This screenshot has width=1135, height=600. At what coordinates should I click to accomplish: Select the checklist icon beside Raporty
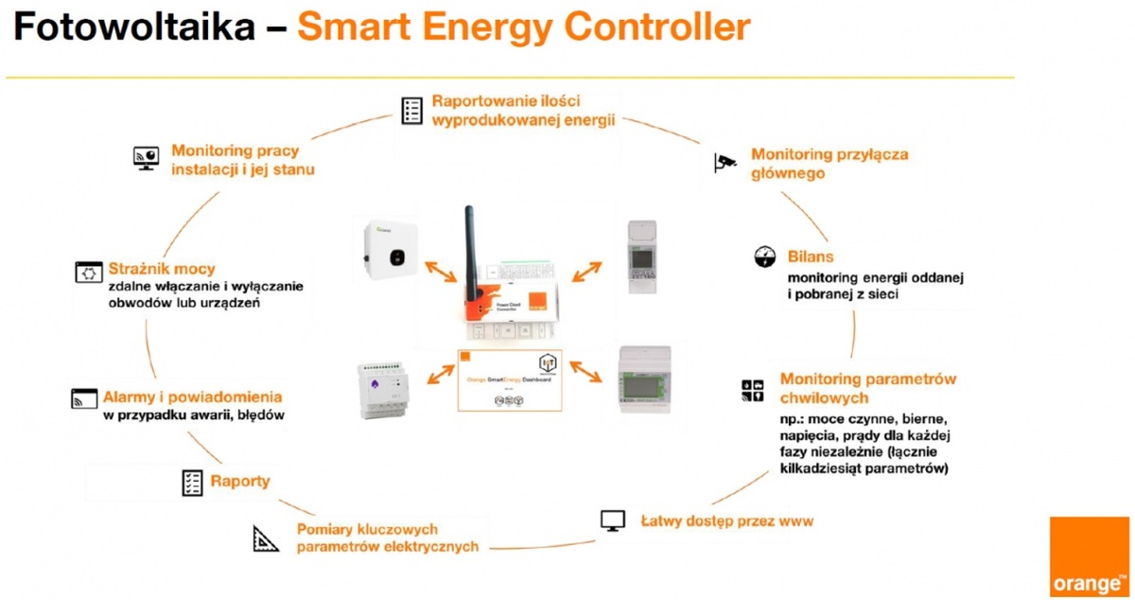tap(192, 483)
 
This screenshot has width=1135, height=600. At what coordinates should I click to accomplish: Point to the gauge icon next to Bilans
tap(764, 256)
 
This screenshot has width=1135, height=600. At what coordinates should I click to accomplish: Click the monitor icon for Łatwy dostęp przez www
tap(613, 521)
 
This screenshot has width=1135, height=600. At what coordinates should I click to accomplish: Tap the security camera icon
tap(725, 162)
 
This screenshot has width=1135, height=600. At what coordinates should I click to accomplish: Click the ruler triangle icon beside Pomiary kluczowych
tap(266, 538)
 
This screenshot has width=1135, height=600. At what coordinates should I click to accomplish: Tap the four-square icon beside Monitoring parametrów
tap(752, 390)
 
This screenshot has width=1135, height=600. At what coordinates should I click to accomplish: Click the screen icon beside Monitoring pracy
tap(146, 158)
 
